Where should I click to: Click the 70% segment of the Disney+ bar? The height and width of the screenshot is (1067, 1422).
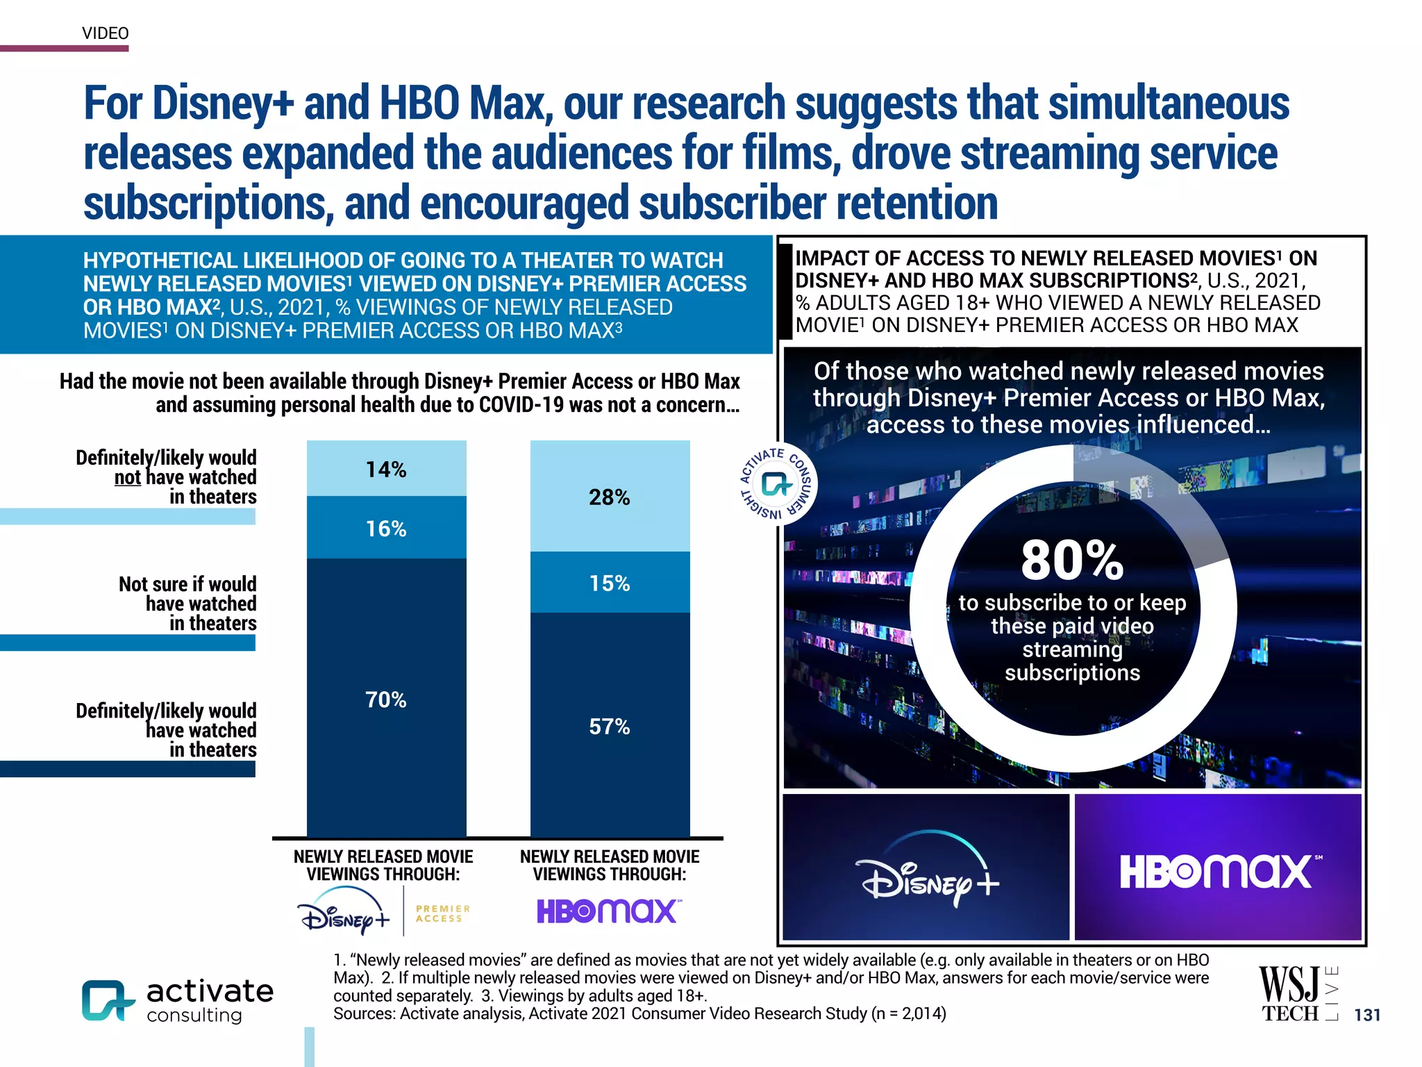(386, 699)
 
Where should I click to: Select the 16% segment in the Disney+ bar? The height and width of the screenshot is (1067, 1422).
(386, 528)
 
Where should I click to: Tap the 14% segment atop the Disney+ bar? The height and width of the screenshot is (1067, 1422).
(386, 469)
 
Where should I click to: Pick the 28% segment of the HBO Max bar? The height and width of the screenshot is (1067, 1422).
(610, 497)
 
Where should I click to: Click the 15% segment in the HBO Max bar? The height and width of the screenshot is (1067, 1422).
(610, 583)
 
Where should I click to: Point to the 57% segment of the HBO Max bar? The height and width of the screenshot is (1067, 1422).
(610, 726)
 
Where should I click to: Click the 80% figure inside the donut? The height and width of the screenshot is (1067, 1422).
(1072, 560)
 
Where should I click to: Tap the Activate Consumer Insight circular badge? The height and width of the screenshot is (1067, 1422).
(776, 484)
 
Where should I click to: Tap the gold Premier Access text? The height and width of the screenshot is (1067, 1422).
(442, 913)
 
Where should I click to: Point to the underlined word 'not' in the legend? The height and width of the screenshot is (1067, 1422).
(128, 478)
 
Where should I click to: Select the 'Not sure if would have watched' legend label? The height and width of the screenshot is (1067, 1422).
(187, 603)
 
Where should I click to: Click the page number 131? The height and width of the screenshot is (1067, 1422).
(1367, 1015)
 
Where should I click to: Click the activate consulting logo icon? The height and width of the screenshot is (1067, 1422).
(108, 1000)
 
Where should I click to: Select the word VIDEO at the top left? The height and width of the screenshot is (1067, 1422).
(106, 33)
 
